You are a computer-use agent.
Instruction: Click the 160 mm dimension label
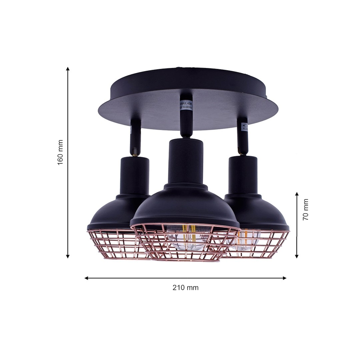coord(60,153)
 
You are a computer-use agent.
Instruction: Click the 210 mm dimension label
coord(185,288)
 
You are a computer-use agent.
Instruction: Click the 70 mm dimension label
coord(306,209)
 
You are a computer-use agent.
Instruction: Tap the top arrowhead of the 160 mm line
coord(68,69)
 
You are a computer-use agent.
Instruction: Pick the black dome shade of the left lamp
coord(115,211)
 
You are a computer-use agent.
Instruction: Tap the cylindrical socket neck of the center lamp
coord(185,160)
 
